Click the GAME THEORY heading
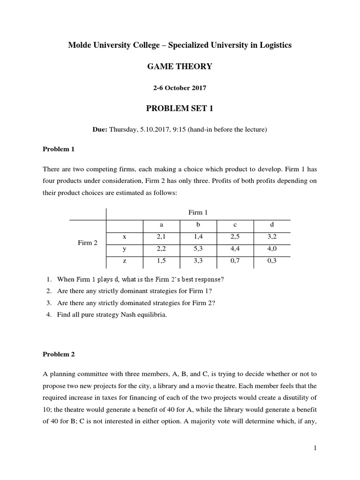tap(180, 67)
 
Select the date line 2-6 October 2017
tap(180, 88)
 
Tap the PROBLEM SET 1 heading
tap(180, 109)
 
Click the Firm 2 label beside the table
tap(88, 243)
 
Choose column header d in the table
tap(272, 225)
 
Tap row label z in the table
tap(125, 261)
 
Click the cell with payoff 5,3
tap(198, 249)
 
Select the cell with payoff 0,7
tap(235, 261)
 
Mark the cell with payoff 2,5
tap(235, 237)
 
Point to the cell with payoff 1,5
tap(161, 261)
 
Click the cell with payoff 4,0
tap(272, 249)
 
